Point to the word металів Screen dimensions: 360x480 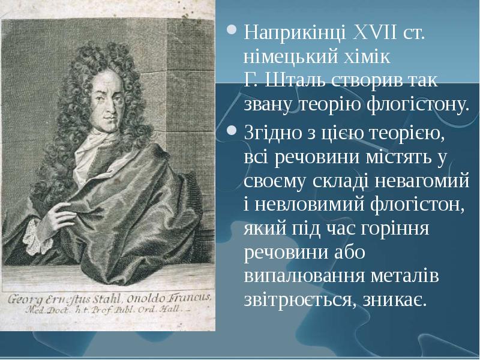coord(405,277)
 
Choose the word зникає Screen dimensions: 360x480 coord(395,300)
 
